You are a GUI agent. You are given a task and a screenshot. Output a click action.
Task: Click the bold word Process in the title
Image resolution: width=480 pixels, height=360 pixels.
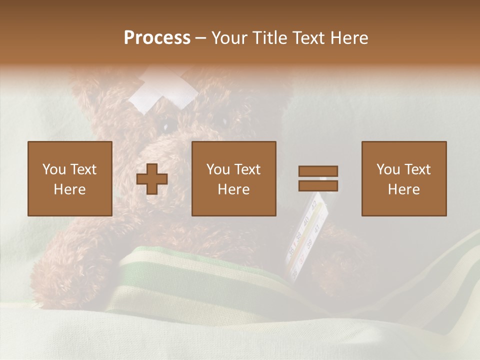(x=157, y=37)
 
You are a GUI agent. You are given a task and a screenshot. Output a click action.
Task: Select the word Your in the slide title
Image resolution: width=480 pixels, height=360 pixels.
(x=229, y=37)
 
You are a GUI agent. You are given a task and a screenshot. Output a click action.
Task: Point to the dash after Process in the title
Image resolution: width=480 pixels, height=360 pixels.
(x=200, y=38)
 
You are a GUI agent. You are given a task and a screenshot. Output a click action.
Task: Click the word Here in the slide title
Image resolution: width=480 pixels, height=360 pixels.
(x=348, y=37)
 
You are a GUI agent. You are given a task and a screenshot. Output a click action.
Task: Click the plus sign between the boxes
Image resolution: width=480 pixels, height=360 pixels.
(x=152, y=179)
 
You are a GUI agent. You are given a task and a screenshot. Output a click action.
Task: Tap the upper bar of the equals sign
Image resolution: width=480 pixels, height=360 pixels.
(x=318, y=171)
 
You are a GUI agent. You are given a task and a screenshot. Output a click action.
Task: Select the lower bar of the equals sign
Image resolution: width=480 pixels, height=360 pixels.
(x=318, y=185)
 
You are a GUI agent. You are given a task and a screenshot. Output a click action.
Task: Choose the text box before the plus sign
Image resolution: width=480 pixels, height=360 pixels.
(x=69, y=178)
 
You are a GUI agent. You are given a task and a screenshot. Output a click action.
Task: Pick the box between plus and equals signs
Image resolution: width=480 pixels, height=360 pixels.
(x=233, y=178)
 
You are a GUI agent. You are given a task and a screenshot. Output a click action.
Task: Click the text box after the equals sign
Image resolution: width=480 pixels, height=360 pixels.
(x=403, y=178)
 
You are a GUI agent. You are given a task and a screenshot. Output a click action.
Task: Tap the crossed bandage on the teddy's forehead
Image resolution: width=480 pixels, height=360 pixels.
(x=163, y=91)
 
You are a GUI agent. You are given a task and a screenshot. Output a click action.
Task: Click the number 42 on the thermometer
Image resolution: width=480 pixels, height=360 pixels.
(x=314, y=205)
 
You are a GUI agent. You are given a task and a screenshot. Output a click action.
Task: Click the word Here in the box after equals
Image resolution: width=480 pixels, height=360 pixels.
(x=403, y=189)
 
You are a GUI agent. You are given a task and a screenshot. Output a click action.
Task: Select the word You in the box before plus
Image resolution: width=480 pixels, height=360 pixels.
(x=53, y=169)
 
